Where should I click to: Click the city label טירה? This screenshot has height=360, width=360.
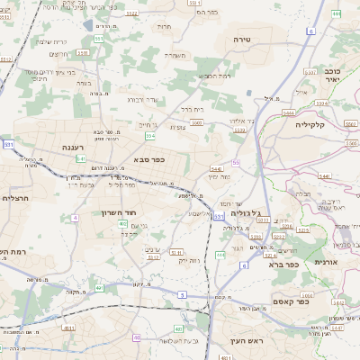coord(241,40)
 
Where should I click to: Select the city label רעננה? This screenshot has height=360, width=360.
coord(73,146)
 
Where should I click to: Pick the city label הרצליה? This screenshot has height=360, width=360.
coord(17,198)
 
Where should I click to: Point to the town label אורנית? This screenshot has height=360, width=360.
coord(325,261)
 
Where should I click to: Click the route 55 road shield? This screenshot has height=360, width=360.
coord(236,162)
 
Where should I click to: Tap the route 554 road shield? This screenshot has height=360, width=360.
coord(150,136)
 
